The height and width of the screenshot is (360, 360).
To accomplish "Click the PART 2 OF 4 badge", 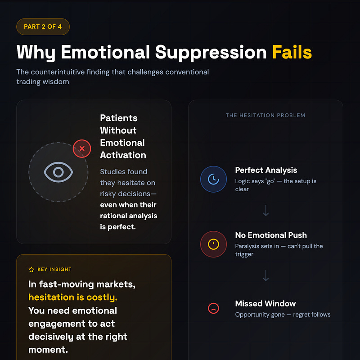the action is point(43,27).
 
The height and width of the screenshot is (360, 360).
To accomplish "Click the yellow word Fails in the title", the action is point(292,53).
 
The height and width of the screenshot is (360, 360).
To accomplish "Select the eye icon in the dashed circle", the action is point(58,172).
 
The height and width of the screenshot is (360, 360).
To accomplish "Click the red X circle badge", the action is point(82,148).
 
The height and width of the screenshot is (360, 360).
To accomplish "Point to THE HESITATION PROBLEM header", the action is point(265,115).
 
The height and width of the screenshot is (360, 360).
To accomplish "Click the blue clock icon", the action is point(213,179).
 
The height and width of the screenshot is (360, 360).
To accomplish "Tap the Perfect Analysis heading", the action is point(266,170).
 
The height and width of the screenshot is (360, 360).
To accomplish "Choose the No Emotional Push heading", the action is point(271,235).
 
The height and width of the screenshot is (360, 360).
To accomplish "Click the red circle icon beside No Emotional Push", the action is point(213,244).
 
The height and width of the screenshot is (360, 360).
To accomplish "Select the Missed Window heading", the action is point(265,303).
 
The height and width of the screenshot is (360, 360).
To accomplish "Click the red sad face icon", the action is point(213,308).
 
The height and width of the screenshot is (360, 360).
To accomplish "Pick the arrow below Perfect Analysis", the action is point(265,210).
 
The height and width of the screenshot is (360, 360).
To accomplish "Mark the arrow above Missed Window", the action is point(265,275).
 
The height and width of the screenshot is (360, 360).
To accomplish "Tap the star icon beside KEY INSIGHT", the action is point(31,270).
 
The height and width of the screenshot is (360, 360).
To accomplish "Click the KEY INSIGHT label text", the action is point(54,270).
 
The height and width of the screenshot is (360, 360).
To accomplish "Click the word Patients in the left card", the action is point(119,118).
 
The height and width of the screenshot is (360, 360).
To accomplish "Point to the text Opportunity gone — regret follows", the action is point(283,315).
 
